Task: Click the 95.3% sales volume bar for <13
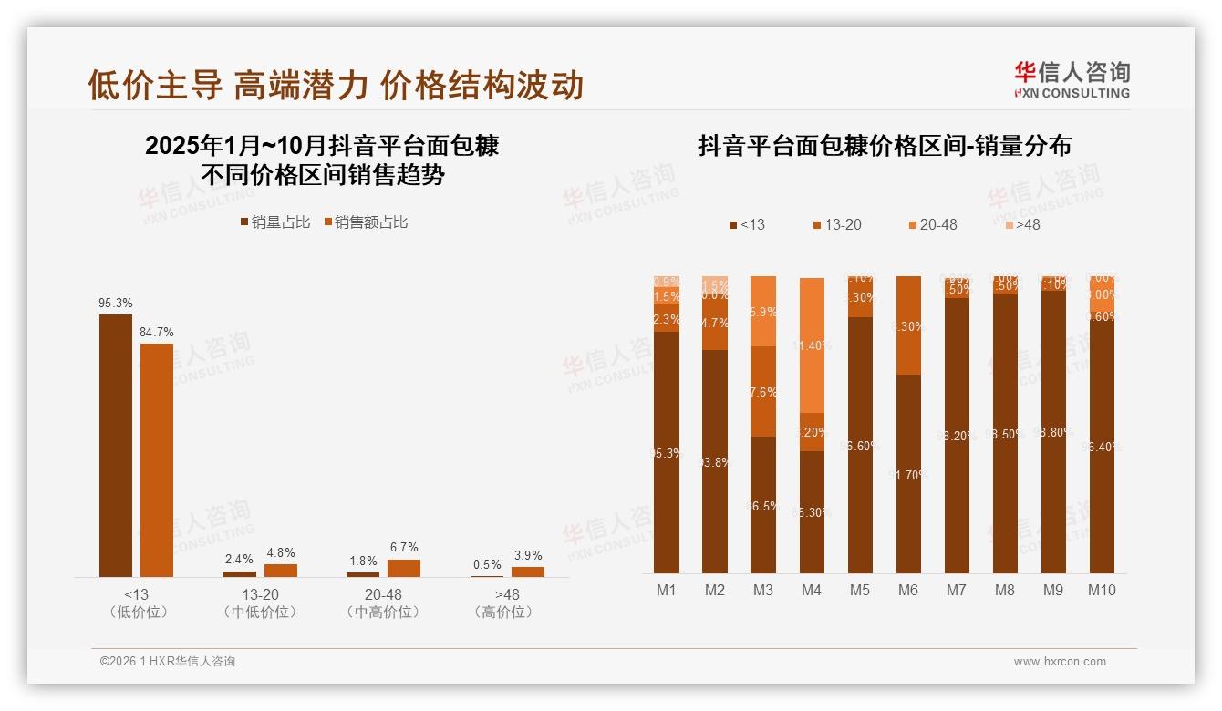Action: click(115, 445)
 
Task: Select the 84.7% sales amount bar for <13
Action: click(157, 459)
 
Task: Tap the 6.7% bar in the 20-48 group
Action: click(404, 568)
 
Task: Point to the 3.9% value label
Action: click(527, 555)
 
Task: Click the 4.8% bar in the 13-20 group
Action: click(281, 571)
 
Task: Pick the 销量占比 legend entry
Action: click(275, 222)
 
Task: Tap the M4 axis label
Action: click(812, 590)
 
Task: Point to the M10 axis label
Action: click(1102, 590)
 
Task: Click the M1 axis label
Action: click(667, 590)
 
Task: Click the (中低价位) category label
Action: click(260, 612)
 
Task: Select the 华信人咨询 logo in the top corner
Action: click(1072, 79)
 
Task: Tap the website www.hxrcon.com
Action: click(1060, 662)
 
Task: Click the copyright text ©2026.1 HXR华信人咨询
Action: click(168, 662)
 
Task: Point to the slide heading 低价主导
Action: click(155, 85)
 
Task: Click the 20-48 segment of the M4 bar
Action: click(812, 346)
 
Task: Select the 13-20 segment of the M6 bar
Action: click(908, 325)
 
